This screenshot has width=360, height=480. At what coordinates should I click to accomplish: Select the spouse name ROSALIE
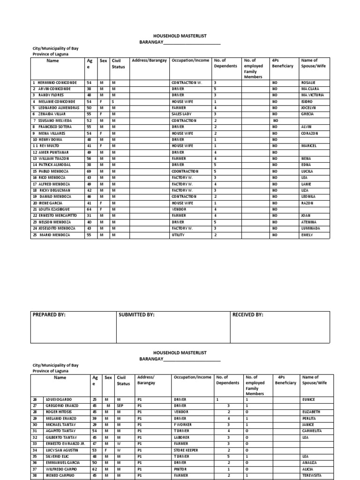(309, 82)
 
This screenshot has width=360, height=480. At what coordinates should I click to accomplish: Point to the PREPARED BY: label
(49, 315)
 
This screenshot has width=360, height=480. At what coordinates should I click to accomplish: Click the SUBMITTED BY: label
(137, 315)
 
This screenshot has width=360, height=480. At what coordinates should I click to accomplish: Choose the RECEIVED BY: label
(248, 315)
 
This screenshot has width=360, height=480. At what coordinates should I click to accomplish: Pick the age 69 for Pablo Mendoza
(89, 172)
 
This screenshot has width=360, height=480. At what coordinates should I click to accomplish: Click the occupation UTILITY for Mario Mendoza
(178, 235)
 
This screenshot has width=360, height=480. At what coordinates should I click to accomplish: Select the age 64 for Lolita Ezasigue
(89, 210)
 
